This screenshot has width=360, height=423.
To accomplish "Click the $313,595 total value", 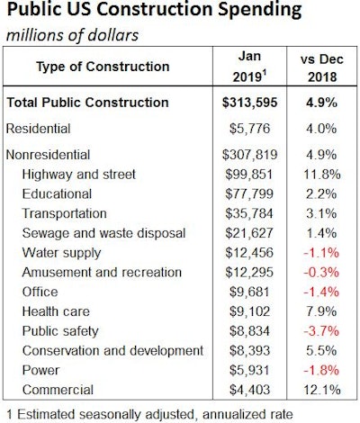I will click(x=246, y=102).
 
